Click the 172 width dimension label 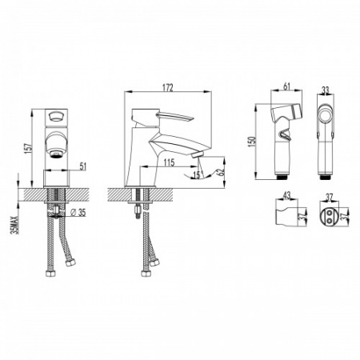[168, 88]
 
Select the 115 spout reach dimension [169, 162]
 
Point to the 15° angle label [198, 174]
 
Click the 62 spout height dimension [220, 171]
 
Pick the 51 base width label [83, 166]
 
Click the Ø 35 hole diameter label [78, 213]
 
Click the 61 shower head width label [286, 86]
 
